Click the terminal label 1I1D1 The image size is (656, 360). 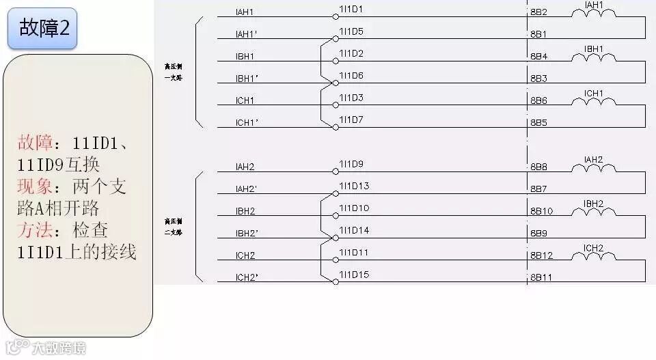351,10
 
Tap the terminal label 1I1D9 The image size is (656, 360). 351,164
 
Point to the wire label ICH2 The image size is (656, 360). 245,255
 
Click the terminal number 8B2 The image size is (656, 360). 538,12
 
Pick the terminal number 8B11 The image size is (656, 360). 541,277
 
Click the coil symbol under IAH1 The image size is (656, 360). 593,14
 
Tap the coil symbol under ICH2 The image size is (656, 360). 593,256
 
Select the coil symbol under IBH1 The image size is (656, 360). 593,58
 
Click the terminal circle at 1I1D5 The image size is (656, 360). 335,38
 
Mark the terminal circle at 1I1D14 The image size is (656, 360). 335,238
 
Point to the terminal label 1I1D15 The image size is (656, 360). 354,275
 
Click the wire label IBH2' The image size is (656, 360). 246,234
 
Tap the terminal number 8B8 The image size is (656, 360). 538,167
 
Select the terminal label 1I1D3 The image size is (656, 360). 351,98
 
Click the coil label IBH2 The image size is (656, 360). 593,204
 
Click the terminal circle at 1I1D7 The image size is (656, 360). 335,127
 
